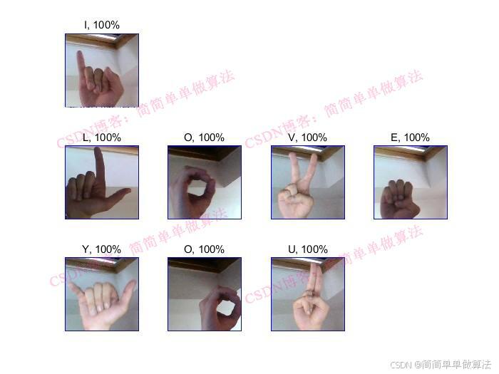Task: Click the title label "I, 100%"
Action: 102,25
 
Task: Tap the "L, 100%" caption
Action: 102,137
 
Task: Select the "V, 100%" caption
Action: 308,137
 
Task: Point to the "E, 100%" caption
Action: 410,137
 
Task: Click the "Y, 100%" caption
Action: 102,249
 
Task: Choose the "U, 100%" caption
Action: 308,249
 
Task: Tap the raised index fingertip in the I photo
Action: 80,53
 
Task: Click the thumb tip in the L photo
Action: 128,191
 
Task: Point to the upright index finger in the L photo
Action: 99,169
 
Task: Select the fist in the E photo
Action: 399,199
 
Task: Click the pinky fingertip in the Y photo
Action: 71,286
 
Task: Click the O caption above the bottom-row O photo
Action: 205,249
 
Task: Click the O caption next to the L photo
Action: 205,137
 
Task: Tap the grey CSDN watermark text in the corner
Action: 441,365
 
